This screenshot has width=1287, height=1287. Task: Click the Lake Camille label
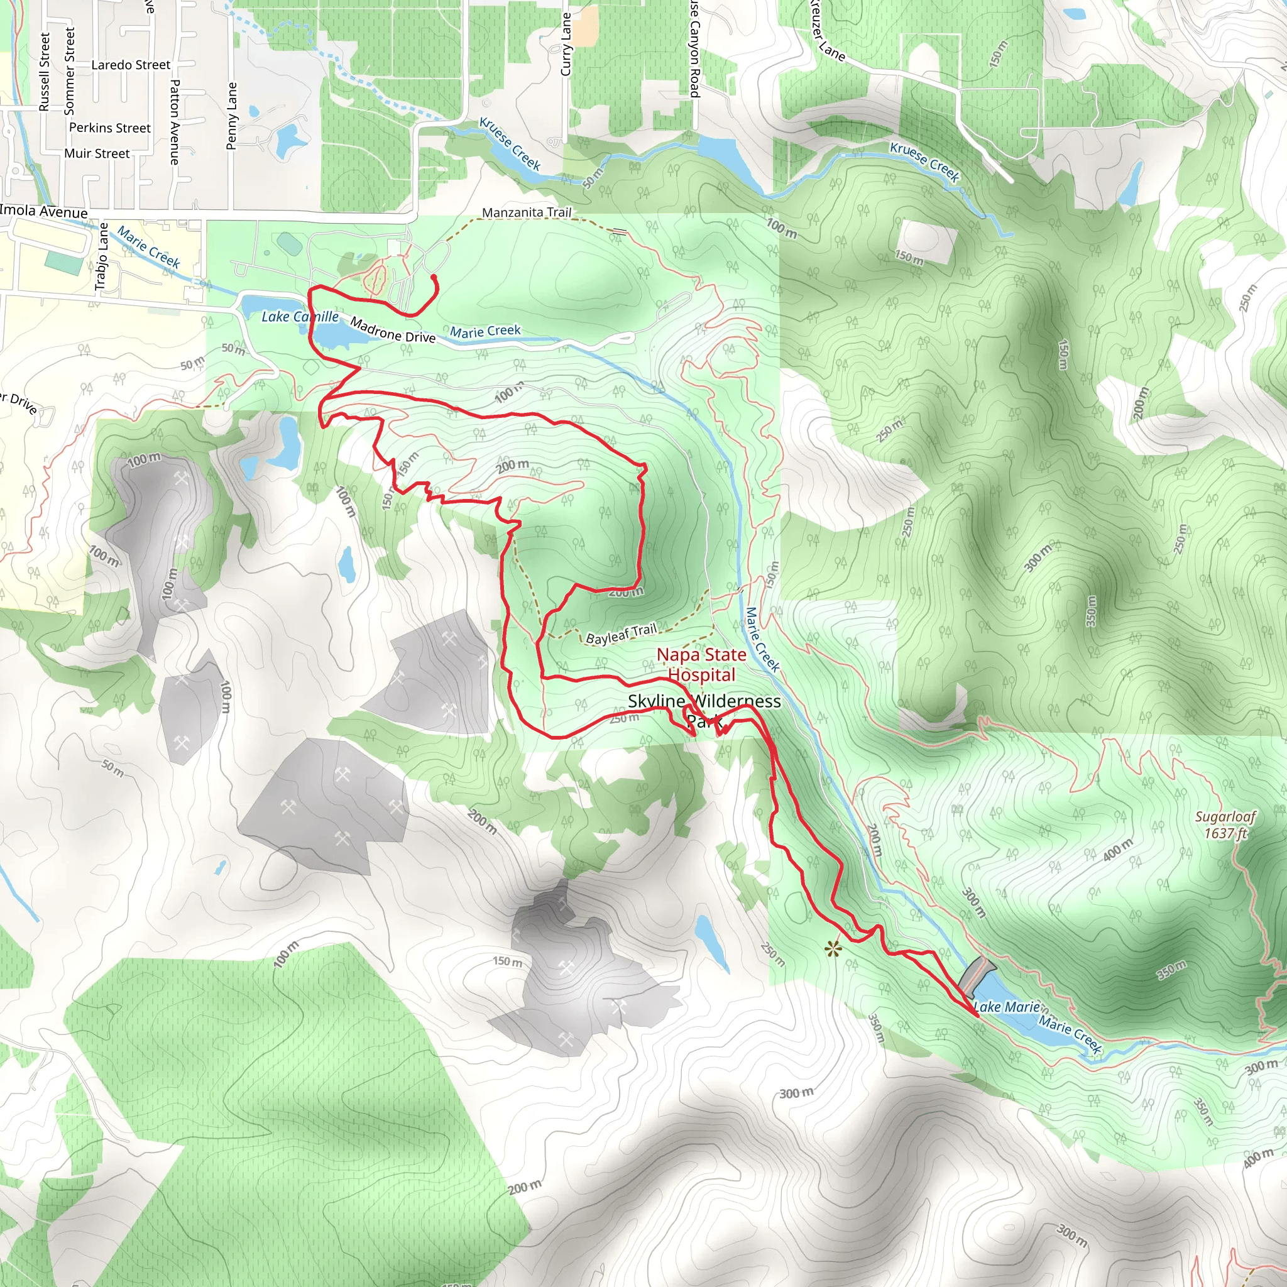point(300,317)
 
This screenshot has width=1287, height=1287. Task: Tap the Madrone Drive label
point(392,331)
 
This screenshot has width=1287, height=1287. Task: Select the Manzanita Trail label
point(526,212)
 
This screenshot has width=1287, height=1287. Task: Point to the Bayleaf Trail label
point(621,633)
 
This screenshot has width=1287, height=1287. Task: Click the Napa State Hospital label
point(701,665)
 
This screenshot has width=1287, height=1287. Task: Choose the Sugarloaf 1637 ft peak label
point(1225,824)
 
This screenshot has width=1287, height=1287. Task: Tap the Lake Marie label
point(1007,1007)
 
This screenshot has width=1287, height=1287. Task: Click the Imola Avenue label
point(44,212)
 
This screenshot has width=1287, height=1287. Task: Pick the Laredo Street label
point(131,65)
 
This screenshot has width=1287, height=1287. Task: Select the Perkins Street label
point(110,128)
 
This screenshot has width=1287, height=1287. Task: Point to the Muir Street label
point(97,154)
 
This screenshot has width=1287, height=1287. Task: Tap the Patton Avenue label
point(175,122)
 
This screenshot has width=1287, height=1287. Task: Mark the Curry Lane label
point(566,44)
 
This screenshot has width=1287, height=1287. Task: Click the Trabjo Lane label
point(101,256)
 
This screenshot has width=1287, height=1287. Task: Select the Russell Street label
point(45,72)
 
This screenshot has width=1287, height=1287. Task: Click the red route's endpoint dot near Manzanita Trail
point(434,277)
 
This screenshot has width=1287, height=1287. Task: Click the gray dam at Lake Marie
point(977,975)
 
